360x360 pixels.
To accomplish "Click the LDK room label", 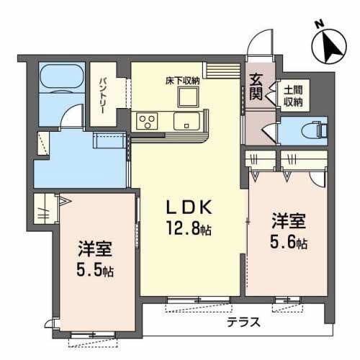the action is pyautogui.click(x=189, y=207).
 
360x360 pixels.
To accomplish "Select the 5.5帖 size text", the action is pyautogui.click(x=95, y=269).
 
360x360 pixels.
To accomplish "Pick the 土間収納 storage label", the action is pyautogui.click(x=293, y=96).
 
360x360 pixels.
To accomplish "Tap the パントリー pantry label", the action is pyautogui.click(x=102, y=96).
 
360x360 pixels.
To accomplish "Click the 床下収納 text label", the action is pyautogui.click(x=182, y=81).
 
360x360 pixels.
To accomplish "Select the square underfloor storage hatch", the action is pyautogui.click(x=189, y=96).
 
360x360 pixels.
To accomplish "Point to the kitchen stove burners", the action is pyautogui.click(x=147, y=121).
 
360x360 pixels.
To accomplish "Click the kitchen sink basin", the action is pyautogui.click(x=186, y=121).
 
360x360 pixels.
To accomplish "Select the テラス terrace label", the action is pyautogui.click(x=243, y=322).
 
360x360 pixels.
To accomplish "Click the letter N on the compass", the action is pyautogui.click(x=320, y=24).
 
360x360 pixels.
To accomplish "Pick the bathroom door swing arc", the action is pyautogui.click(x=69, y=112).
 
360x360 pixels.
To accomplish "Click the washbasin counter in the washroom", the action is pyautogui.click(x=109, y=140).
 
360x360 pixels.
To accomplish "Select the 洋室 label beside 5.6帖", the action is pyautogui.click(x=289, y=220).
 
